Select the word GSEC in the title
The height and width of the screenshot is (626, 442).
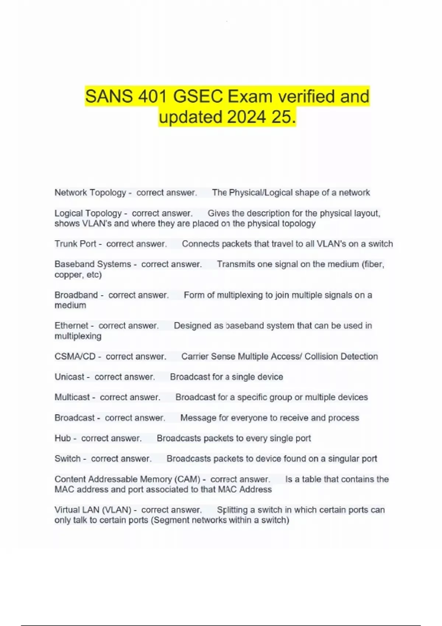tap(198, 96)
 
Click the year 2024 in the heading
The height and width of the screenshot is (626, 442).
tap(246, 117)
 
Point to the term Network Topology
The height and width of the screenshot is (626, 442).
tap(90, 193)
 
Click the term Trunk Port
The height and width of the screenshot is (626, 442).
tap(76, 244)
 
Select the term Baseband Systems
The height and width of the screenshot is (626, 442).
tap(93, 264)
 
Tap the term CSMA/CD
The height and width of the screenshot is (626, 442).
tap(75, 356)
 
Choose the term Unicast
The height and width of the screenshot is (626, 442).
tap(70, 377)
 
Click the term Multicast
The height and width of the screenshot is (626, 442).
tap(72, 397)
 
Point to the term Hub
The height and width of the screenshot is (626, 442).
tap(63, 438)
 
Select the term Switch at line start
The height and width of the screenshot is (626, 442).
tap(67, 458)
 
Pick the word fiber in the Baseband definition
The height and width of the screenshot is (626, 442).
tap(375, 264)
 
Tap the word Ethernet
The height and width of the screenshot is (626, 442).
tap(71, 326)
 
